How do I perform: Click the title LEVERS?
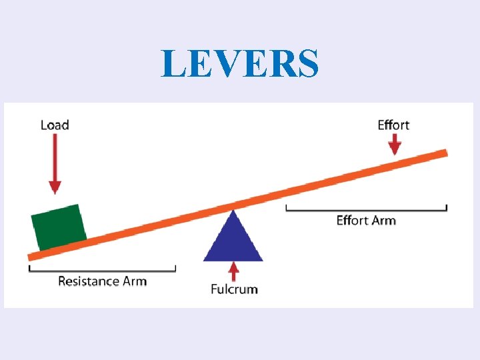(240, 63)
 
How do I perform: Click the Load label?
(55, 125)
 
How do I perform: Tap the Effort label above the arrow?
(393, 125)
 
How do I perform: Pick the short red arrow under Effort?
(395, 144)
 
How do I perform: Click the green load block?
(59, 227)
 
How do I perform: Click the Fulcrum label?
(234, 289)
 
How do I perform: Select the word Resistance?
(89, 281)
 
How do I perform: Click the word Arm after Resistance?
(135, 281)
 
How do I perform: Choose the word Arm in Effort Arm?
(384, 220)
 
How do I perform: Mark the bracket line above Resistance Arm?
(102, 270)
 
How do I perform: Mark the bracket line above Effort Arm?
(366, 209)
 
